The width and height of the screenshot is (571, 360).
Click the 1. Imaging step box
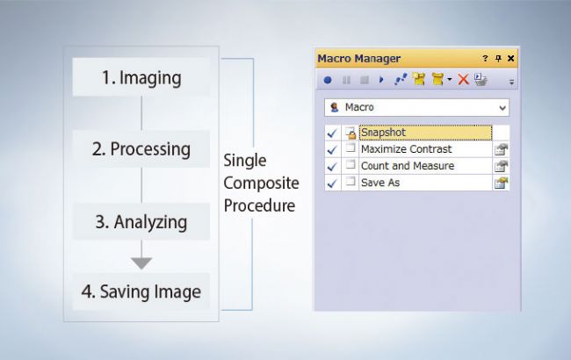tap(141, 77)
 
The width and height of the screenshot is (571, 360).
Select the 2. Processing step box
tap(141, 149)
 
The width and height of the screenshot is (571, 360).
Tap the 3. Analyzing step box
tap(141, 221)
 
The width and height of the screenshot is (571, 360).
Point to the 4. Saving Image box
tap(141, 292)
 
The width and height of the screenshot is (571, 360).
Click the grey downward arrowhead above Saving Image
tap(141, 263)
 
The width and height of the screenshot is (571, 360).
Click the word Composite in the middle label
tap(261, 184)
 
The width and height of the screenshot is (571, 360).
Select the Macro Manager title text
tap(359, 58)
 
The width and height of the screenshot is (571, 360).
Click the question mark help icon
tap(485, 58)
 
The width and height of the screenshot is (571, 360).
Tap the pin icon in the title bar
tap(498, 58)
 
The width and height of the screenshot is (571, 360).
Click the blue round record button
tap(328, 80)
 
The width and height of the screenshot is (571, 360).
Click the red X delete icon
tap(463, 79)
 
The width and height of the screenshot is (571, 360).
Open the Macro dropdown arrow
tap(502, 108)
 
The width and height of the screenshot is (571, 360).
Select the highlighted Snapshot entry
tap(425, 133)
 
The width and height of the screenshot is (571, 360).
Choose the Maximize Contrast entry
tap(407, 149)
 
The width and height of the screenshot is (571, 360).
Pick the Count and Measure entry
tap(408, 166)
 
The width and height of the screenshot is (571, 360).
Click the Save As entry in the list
tap(380, 183)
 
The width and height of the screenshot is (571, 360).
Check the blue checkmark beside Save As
tap(332, 183)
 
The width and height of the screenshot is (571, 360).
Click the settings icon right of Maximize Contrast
tap(501, 149)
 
